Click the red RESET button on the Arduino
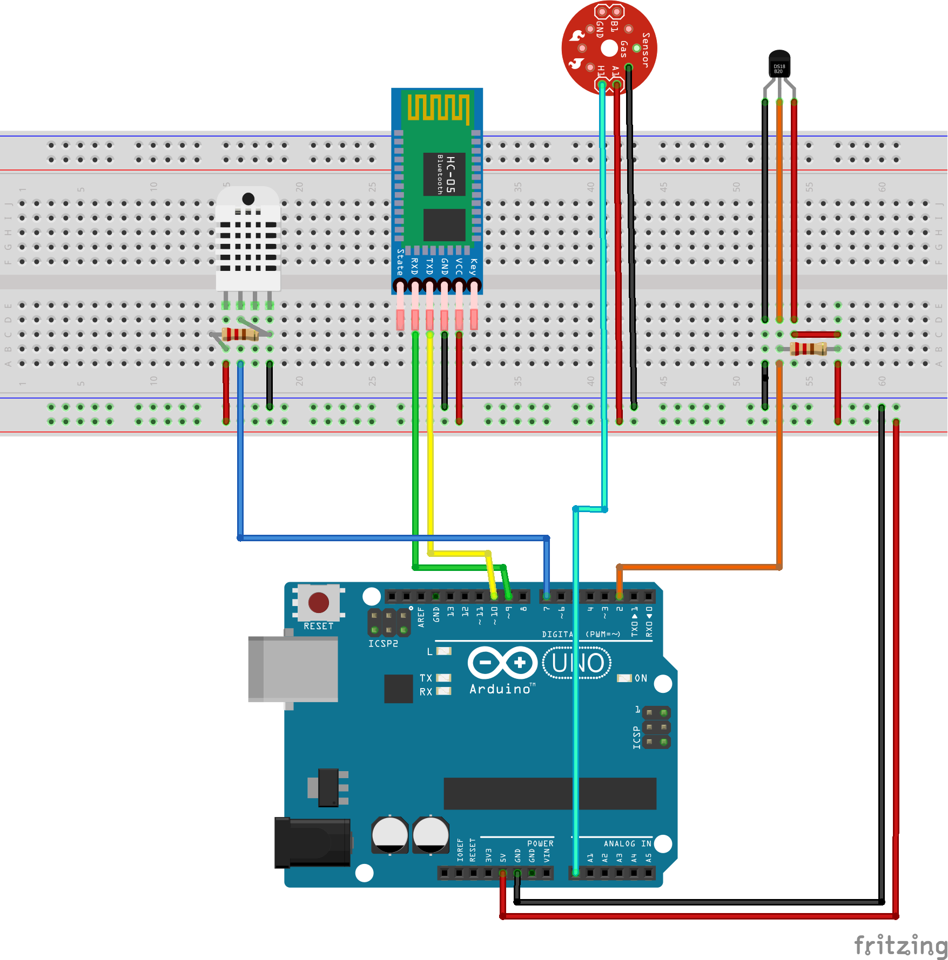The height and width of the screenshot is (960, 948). [318, 603]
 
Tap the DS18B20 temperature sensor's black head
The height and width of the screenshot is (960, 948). [779, 64]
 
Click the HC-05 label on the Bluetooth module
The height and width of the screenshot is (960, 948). [451, 174]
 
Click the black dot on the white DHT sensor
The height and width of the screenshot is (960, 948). [248, 199]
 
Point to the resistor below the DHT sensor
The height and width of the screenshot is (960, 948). [240, 335]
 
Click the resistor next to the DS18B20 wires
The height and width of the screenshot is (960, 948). [808, 349]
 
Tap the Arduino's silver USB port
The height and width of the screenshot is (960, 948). [293, 669]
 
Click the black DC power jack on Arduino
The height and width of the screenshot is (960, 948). [312, 842]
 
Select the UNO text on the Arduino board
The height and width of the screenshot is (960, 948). [577, 663]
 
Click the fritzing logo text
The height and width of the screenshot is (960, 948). [900, 945]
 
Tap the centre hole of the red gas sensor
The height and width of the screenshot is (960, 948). [609, 48]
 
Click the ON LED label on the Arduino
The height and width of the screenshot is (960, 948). [641, 678]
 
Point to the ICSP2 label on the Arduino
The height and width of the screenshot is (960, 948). [383, 644]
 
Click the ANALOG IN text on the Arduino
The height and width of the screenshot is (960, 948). [627, 843]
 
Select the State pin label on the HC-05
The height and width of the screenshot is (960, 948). [400, 262]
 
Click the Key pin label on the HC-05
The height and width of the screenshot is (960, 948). [473, 267]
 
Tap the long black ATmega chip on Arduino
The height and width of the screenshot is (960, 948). [549, 794]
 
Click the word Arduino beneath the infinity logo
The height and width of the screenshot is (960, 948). [500, 689]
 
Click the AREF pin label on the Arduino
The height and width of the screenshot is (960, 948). [421, 617]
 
